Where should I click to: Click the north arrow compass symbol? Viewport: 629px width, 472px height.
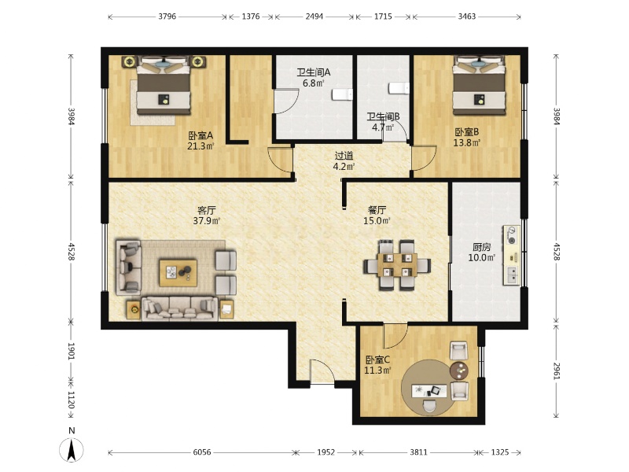[x=72, y=449]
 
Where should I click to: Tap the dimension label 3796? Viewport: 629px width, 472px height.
[x=167, y=17]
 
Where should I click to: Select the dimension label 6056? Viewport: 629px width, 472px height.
[x=202, y=452]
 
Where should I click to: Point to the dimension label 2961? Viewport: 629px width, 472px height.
[x=557, y=371]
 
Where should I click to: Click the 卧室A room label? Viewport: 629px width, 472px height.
[x=200, y=135]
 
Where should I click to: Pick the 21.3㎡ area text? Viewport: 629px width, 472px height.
[x=200, y=146]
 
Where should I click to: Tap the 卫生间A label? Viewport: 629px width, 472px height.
[x=314, y=72]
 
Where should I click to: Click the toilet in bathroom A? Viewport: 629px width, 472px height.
[x=342, y=94]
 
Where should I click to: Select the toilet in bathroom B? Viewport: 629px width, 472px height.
[x=399, y=88]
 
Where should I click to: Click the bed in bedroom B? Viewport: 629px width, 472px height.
[x=479, y=85]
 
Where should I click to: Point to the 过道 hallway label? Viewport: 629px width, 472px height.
[x=344, y=156]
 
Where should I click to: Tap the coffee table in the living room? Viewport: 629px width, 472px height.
[x=178, y=273]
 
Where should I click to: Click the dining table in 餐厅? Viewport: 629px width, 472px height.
[x=397, y=265]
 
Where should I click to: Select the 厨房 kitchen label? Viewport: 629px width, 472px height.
[x=481, y=247]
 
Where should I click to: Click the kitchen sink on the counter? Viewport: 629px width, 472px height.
[x=512, y=275]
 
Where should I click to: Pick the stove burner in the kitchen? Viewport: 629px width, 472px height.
[x=512, y=235]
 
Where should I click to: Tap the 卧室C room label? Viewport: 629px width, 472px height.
[x=377, y=360]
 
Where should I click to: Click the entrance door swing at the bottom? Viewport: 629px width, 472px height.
[x=322, y=371]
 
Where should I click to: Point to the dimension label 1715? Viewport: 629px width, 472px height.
[x=383, y=17]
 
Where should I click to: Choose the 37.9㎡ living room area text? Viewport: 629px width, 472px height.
[x=207, y=221]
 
